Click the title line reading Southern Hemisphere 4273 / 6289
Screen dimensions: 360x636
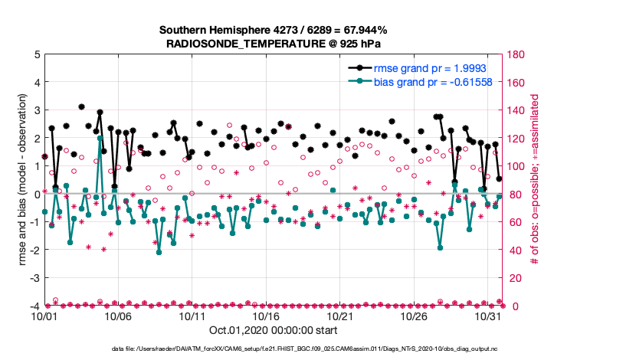[x=274, y=30]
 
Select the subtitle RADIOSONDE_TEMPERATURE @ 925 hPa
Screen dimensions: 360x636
[x=274, y=43]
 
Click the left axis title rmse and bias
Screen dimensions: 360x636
[x=15, y=180]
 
